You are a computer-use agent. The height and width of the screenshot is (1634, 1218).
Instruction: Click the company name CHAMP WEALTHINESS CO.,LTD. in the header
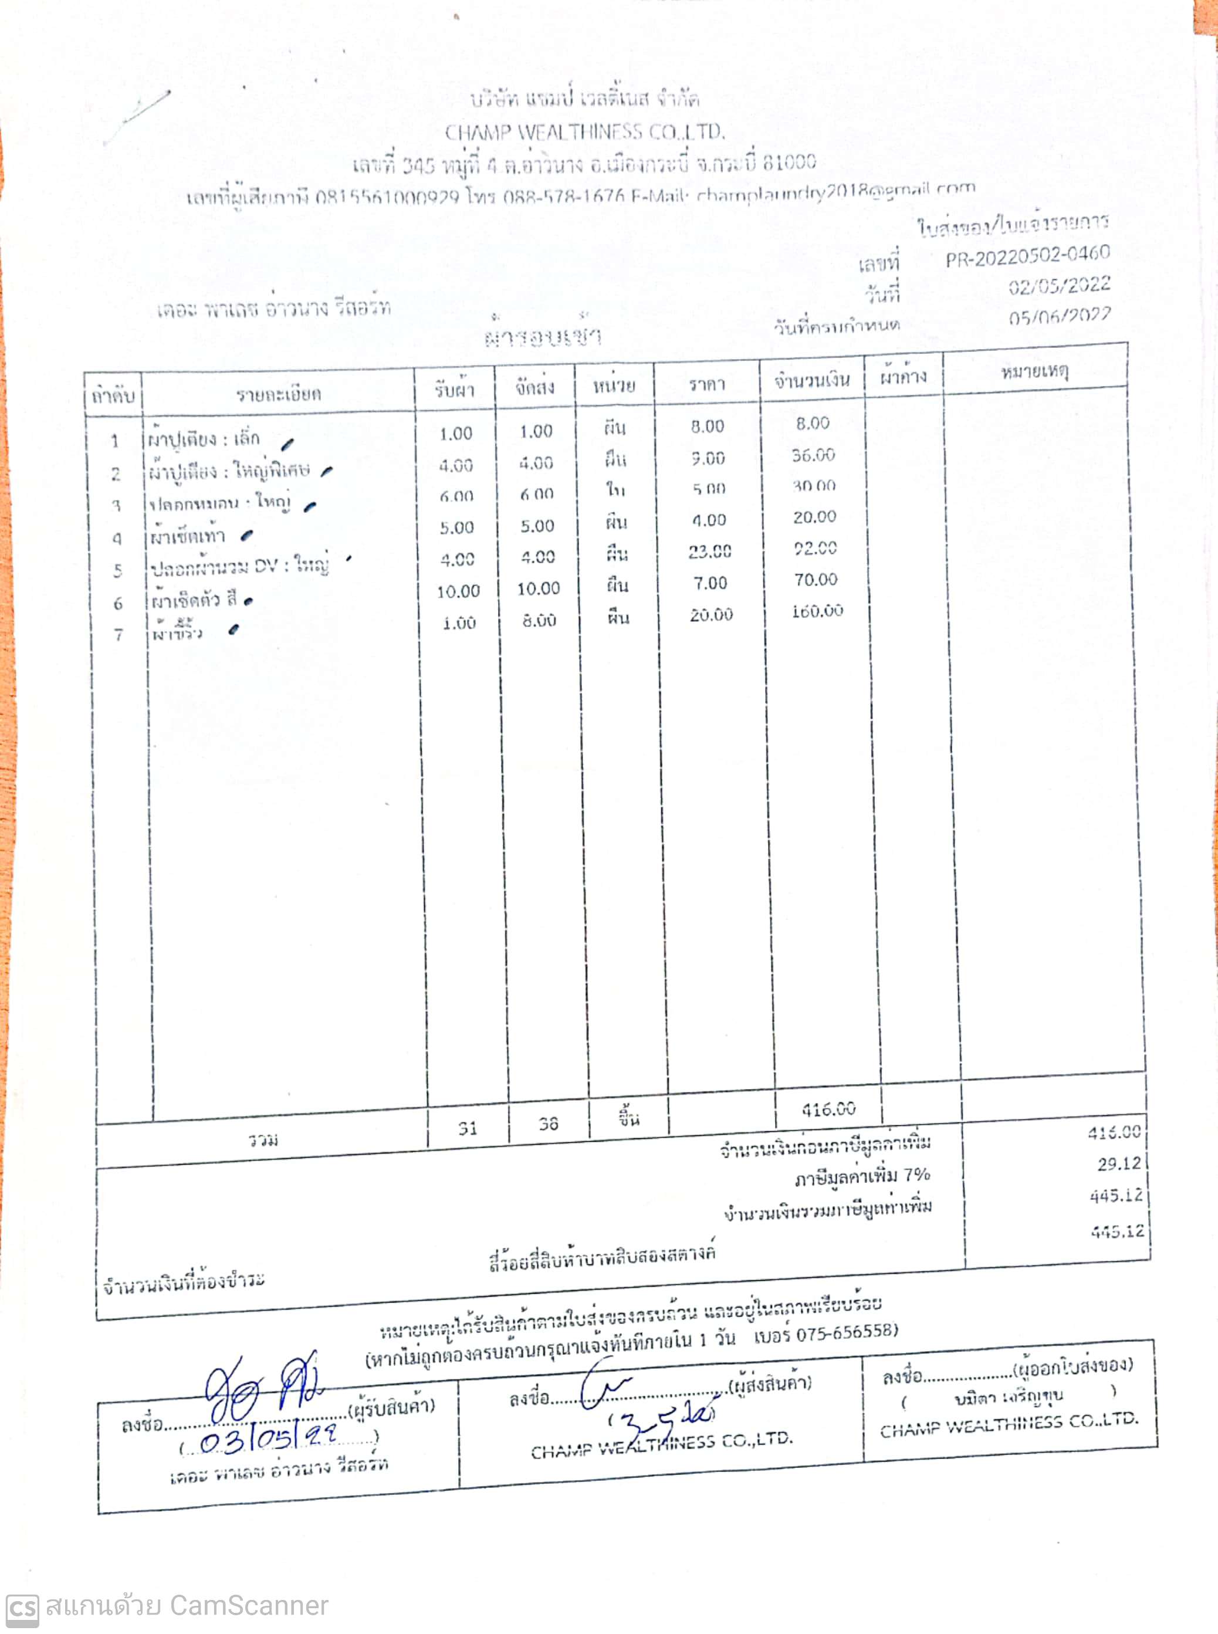pos(585,132)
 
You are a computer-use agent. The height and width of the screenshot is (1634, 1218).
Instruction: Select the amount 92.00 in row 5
pos(815,548)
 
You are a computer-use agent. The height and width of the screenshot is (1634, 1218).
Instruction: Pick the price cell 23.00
pos(709,552)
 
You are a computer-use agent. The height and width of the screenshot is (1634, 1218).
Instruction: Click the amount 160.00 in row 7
pos(817,611)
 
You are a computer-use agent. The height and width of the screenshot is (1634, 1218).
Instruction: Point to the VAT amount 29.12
pos(1118,1163)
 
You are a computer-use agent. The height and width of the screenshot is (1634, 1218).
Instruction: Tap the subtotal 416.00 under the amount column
pos(828,1109)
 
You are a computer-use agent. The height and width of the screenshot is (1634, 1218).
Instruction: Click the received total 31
pos(468,1128)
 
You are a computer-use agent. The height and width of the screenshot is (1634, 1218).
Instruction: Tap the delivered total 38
pos(548,1124)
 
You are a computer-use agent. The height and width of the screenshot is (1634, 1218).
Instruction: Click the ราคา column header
pos(706,384)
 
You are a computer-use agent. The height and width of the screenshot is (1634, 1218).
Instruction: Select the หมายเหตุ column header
pos(1034,371)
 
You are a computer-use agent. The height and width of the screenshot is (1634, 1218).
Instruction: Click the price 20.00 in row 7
pos(710,614)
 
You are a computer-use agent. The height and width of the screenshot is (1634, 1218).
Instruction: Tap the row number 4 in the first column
pos(117,538)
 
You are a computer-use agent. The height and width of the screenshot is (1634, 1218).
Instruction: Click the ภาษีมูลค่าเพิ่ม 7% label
pos(861,1177)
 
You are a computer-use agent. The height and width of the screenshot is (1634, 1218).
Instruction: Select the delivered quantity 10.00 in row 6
pos(538,588)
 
